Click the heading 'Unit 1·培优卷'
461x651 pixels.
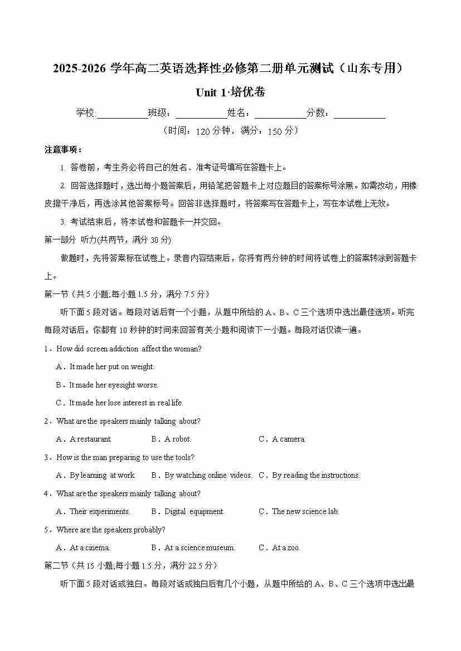pos(230,92)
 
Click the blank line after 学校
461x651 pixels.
pos(122,114)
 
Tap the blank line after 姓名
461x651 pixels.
pos(280,114)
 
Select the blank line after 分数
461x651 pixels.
pos(360,114)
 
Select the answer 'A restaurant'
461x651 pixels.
pos(90,439)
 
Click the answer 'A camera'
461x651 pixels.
pos(288,439)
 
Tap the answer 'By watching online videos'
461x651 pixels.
pos(208,476)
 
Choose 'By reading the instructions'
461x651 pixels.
pos(316,476)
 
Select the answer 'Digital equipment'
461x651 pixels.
pos(194,512)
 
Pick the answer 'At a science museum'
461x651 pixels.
pos(200,548)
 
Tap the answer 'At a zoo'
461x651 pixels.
pos(285,548)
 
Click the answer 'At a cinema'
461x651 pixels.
pos(90,548)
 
